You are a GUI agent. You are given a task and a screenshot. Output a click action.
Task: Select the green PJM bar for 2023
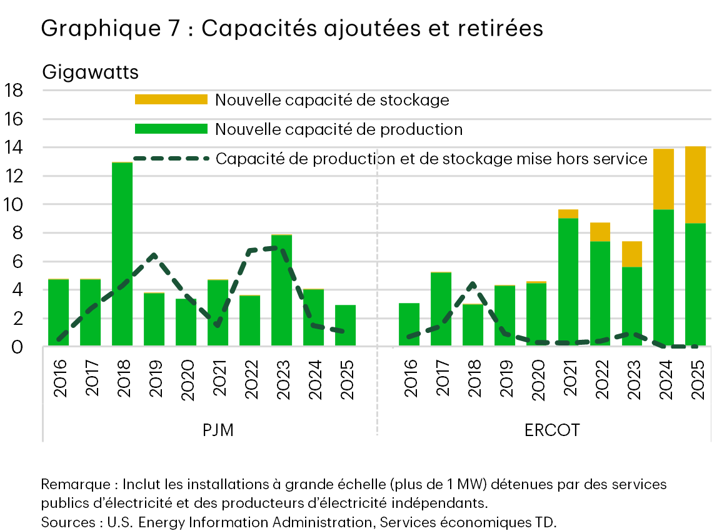coord(281,290)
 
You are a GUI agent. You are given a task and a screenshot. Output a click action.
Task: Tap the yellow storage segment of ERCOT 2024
coord(663,179)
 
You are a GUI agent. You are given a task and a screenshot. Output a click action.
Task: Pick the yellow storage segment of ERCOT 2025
coord(695,184)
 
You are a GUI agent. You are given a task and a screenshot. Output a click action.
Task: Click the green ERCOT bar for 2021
coord(568,282)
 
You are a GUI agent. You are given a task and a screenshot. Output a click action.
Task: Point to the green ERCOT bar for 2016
coord(409,324)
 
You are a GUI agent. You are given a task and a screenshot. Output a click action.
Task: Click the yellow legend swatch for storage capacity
coord(171,100)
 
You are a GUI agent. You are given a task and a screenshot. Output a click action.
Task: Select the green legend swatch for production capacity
coord(171,129)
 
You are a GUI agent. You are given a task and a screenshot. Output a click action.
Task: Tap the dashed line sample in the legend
coord(171,159)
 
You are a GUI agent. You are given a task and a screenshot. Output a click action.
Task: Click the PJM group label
coord(218,430)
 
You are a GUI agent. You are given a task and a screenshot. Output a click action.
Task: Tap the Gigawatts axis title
coord(90,72)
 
